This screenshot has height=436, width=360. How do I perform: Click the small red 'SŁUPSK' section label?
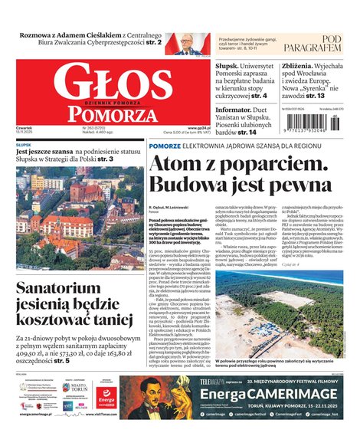[24, 144]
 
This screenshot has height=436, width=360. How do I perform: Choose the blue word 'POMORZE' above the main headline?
[165, 145]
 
